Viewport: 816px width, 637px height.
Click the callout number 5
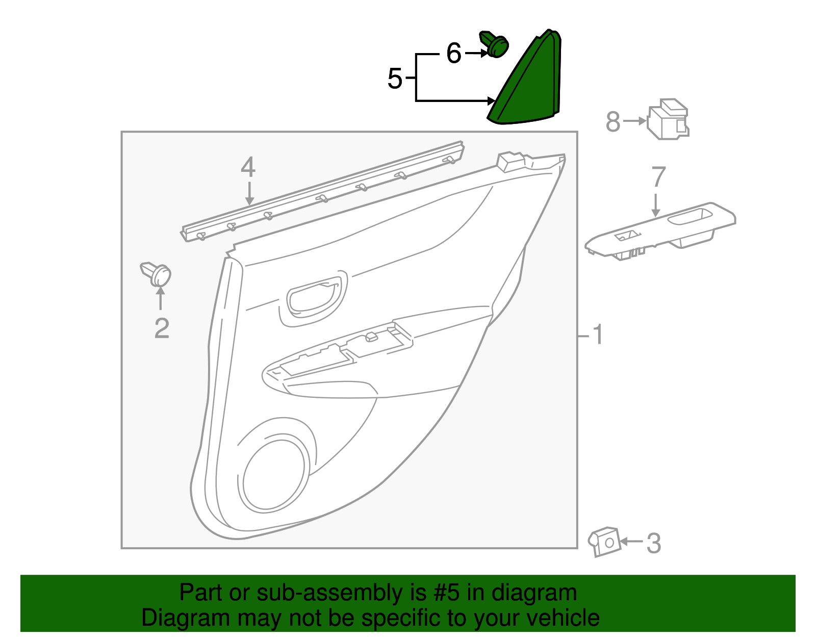(x=395, y=79)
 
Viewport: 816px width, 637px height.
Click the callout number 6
(x=453, y=53)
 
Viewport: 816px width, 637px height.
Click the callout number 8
(x=613, y=122)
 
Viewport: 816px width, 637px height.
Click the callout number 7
(x=658, y=177)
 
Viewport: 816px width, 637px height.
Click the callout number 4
(x=248, y=167)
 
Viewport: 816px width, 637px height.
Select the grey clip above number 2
(x=157, y=274)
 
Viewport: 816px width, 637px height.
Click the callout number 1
(x=597, y=335)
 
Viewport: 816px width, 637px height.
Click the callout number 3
(x=653, y=543)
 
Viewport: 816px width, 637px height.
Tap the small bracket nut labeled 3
(x=605, y=542)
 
